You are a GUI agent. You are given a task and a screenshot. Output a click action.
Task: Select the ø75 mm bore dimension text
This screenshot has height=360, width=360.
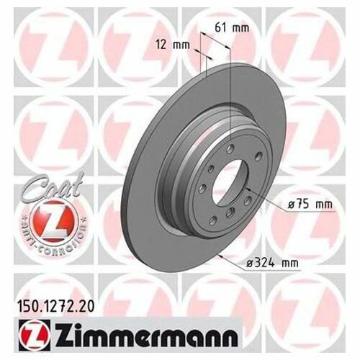[310, 204]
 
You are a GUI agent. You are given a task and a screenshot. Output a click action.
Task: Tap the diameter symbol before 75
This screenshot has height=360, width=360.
[292, 204]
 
